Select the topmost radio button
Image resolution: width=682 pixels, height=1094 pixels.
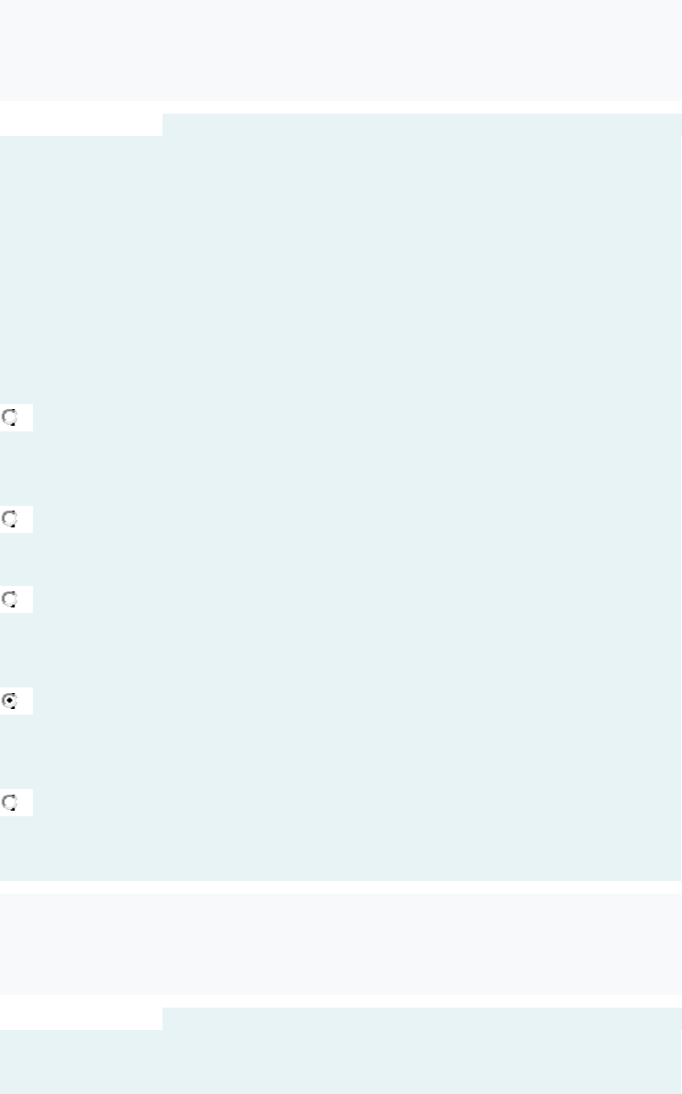pyautogui.click(x=10, y=417)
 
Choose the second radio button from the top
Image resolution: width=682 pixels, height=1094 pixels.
pyautogui.click(x=10, y=519)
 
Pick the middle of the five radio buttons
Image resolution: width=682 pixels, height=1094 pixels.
pyautogui.click(x=10, y=599)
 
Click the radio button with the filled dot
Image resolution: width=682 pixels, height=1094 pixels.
pyautogui.click(x=10, y=700)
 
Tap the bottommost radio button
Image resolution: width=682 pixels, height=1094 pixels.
pyautogui.click(x=10, y=802)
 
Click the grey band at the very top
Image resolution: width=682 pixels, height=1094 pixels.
pyautogui.click(x=341, y=50)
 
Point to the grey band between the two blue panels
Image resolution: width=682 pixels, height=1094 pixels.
pyautogui.click(x=341, y=944)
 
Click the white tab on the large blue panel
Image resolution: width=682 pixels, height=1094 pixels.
pyautogui.click(x=81, y=124)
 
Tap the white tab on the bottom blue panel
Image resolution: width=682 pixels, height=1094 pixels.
pyautogui.click(x=81, y=1018)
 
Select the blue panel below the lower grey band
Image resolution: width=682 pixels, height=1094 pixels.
pyautogui.click(x=416, y=1056)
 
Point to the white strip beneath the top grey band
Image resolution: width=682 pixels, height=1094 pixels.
pyautogui.click(x=341, y=106)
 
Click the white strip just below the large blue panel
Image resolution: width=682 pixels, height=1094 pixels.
pyautogui.click(x=341, y=887)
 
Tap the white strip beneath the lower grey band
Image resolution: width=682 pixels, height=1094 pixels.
pyautogui.click(x=341, y=1000)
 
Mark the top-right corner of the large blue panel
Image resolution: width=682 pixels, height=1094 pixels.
pyautogui.click(x=680, y=114)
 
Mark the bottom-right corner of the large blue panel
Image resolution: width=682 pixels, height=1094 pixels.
pyautogui.click(x=680, y=880)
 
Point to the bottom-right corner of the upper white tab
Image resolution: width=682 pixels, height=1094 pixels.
pyautogui.click(x=161, y=134)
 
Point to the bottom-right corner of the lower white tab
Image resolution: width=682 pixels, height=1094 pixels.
pyautogui.click(x=161, y=1028)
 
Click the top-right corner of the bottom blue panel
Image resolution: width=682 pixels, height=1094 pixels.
pyautogui.click(x=680, y=1008)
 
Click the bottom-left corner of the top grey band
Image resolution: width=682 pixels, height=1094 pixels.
pyautogui.click(x=1, y=99)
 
